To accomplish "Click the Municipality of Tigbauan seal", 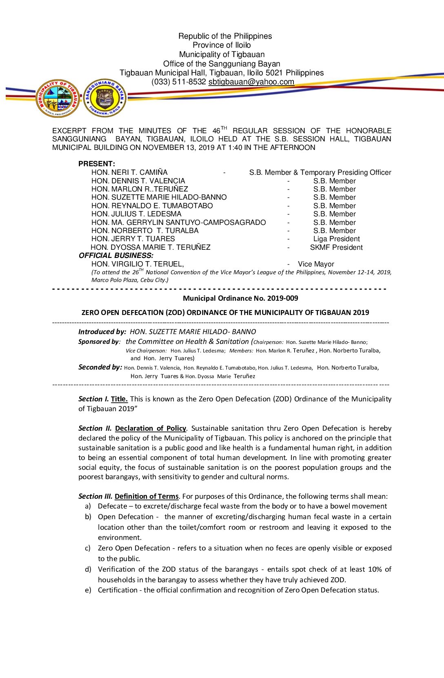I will click(58, 98).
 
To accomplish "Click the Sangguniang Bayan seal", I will click(105, 98).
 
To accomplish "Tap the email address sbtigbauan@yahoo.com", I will click(251, 82).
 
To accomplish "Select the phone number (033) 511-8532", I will click(178, 82).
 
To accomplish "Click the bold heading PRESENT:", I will click(97, 164).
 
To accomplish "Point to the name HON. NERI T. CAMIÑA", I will click(129, 172).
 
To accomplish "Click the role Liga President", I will click(336, 239).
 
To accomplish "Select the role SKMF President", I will click(336, 247).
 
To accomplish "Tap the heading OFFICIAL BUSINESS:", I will click(116, 255).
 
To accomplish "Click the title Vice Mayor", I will click(316, 264).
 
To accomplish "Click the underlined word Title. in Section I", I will click(119, 399).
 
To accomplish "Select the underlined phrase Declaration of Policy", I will click(151, 428).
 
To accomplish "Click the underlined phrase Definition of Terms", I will click(147, 496).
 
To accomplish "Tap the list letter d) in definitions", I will click(88, 569).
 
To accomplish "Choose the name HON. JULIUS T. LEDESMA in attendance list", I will click(136, 214).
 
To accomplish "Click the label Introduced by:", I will click(102, 332).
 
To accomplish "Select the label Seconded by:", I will click(100, 367).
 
